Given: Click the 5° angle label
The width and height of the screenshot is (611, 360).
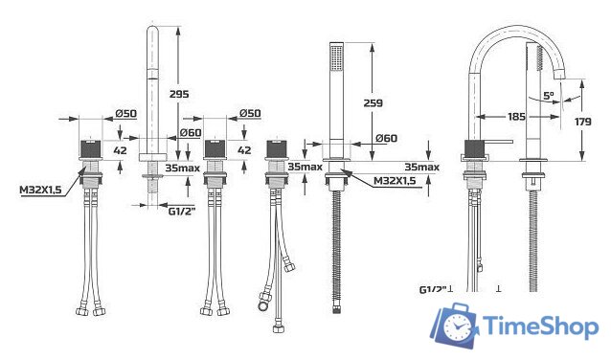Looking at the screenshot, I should (x=547, y=96).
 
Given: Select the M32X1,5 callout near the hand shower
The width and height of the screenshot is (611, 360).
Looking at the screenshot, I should (x=396, y=180).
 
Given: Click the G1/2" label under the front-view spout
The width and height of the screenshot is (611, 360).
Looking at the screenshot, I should (x=180, y=211).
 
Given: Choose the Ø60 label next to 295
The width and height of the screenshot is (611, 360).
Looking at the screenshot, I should (x=191, y=132).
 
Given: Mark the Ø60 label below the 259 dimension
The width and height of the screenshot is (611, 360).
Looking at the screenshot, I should (x=386, y=138).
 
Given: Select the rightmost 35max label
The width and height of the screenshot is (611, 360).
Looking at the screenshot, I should (x=420, y=167).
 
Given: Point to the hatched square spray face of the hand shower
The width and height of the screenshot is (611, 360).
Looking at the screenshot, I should (x=335, y=56).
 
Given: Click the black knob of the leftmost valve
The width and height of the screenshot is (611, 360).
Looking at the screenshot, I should (x=91, y=148).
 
